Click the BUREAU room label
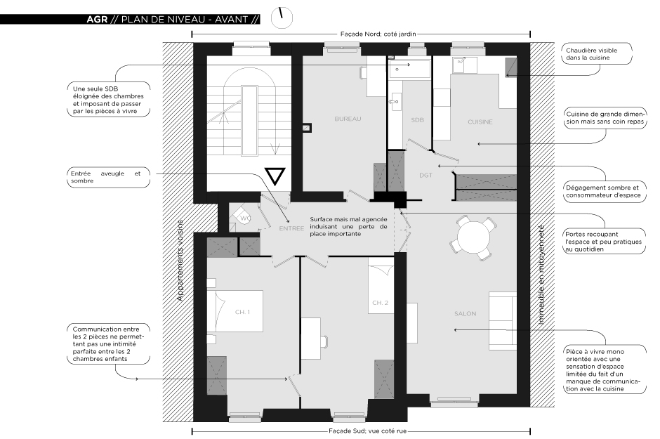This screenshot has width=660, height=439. pos(348,119)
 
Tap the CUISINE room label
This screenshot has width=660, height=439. pos(480,122)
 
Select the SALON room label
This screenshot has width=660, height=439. pos(465,313)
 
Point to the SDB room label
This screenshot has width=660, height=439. pos(417,120)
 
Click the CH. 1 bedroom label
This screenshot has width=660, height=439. pos(242,312)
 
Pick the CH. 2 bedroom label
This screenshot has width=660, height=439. pos(380,303)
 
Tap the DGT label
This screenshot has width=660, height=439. pos(426,175)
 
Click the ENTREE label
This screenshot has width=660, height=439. pos(291,228)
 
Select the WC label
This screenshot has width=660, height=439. pos(244,218)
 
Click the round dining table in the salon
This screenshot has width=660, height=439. pos(473,237)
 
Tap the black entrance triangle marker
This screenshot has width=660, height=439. pos(275,176)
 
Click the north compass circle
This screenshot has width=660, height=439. pos(282,18)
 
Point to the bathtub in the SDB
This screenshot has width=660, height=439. pos(409,69)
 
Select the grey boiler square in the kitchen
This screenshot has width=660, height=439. pos(510,67)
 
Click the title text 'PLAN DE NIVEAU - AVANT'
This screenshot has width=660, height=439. pos(185,20)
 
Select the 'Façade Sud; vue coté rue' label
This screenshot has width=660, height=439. pos(367,431)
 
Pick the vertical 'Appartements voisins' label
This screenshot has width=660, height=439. pos(180,260)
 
